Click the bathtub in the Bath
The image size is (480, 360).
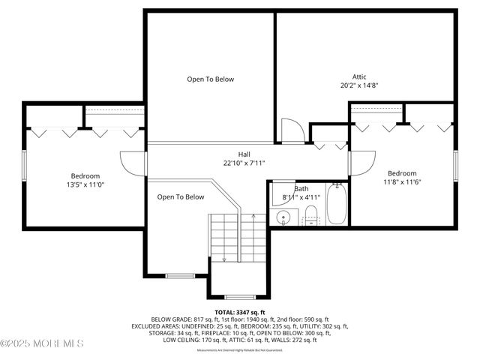pos(336,204)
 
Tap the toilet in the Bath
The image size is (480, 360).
pos(311,214)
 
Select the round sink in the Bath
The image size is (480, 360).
pos(283,218)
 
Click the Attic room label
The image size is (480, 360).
pos(360,76)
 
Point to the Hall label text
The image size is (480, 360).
pos(244,154)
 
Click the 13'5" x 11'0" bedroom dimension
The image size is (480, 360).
pos(85,184)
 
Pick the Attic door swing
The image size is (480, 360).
pos(292,130)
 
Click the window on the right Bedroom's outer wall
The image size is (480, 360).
pos(455,165)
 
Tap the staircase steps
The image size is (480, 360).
pos(237,237)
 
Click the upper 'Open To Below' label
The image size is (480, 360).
pos(211,79)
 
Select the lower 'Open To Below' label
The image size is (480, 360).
pos(181,197)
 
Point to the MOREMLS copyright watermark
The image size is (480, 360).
pos(42,343)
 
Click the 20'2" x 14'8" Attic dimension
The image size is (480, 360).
pos(359,85)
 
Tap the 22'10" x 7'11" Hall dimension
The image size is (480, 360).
pos(244,163)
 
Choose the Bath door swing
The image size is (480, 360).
pos(282,191)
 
